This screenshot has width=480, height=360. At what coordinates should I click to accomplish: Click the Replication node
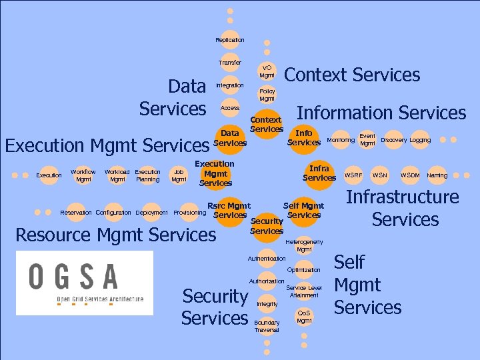point(229,40)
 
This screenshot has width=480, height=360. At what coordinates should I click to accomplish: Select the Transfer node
point(229,63)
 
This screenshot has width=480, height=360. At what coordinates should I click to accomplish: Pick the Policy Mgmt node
point(267,95)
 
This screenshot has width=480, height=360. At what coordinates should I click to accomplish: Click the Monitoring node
point(341,140)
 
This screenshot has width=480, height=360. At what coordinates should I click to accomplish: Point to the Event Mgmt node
point(367,140)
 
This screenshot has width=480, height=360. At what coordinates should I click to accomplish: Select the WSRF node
point(353,175)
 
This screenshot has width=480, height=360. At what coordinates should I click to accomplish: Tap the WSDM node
point(410,175)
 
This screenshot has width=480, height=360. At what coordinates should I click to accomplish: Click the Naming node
point(437,175)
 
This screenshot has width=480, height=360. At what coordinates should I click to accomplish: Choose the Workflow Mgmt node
point(83,175)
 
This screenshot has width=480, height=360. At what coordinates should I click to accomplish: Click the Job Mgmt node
point(179,175)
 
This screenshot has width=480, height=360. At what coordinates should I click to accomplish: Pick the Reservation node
point(76,213)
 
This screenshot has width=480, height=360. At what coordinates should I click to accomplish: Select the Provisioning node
point(189,213)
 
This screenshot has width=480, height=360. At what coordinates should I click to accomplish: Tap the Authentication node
point(267,258)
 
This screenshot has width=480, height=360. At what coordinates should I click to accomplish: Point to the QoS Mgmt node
point(304,317)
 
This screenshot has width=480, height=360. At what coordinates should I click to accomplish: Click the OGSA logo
point(85,283)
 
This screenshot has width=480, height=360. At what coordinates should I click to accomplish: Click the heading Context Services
point(352,75)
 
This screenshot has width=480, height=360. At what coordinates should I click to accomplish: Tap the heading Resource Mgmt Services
point(115,235)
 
